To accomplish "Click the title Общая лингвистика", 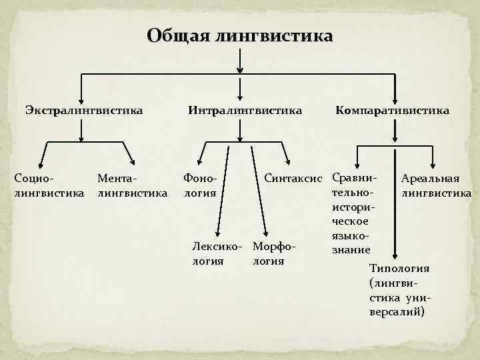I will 239,35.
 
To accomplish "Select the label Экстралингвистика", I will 84,109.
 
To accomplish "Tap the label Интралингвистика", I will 245,109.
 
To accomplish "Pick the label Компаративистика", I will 392,109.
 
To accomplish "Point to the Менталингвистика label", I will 132,186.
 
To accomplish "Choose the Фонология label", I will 200,186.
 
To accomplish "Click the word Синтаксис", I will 293,179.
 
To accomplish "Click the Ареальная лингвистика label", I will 436,186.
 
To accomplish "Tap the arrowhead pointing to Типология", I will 395,255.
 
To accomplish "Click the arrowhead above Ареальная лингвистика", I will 434,167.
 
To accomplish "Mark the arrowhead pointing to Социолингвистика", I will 45,167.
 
